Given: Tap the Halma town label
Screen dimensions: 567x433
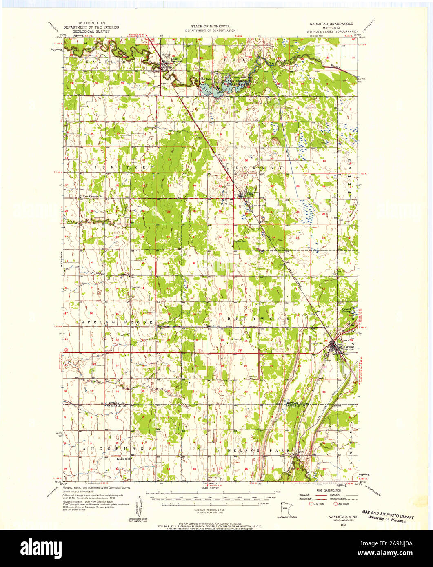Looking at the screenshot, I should [x=249, y=194].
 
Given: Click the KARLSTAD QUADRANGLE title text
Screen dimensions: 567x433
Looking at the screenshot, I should [x=331, y=24].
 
